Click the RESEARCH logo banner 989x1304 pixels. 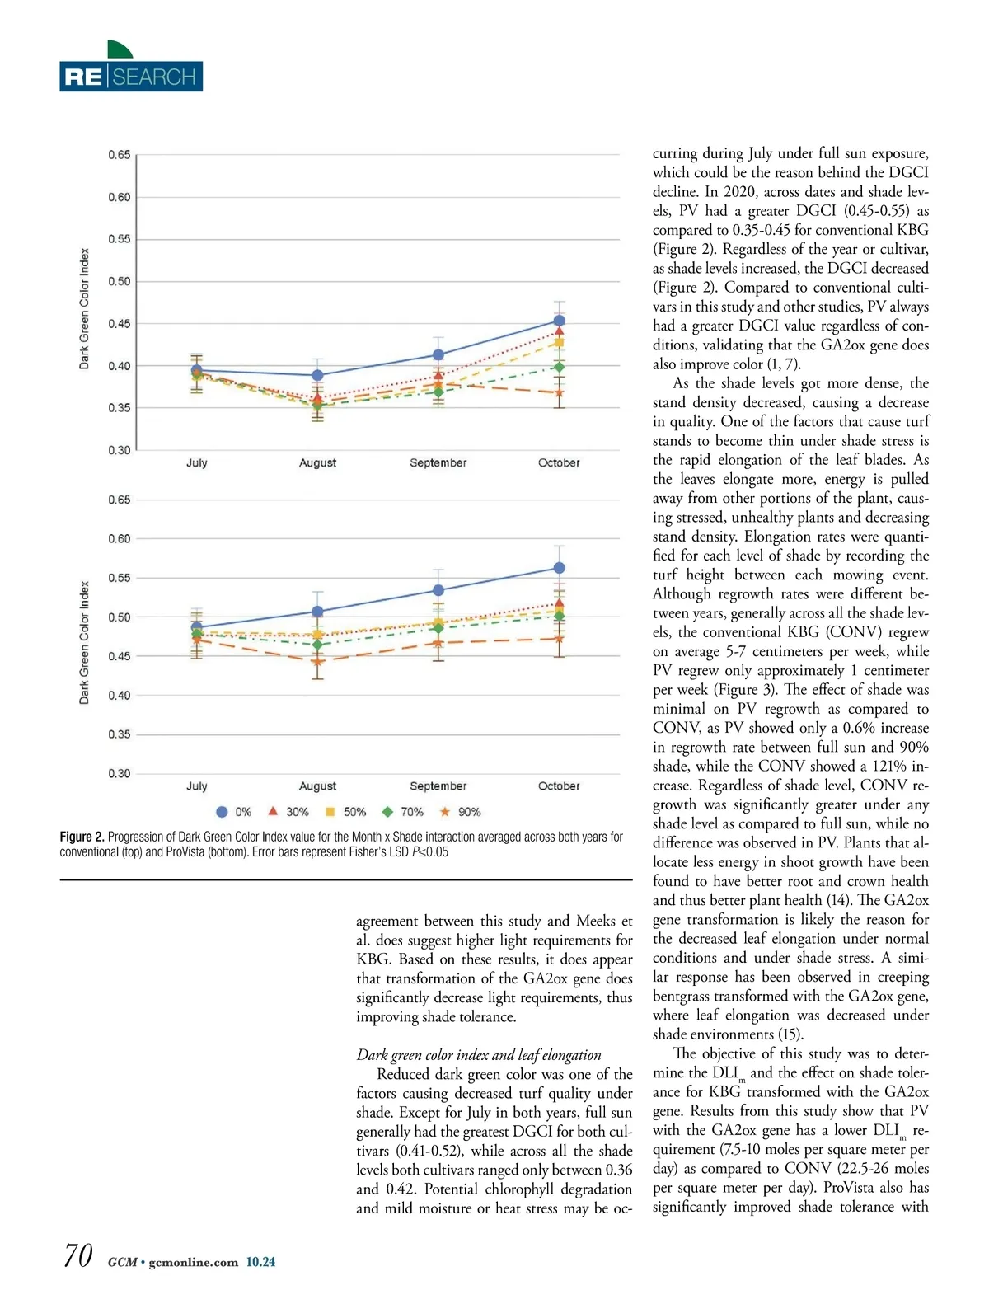(131, 77)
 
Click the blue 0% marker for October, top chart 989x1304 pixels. (560, 321)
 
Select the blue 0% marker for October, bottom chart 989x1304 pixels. (560, 568)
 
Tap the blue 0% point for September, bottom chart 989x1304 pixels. (438, 590)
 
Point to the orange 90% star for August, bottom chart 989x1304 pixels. (318, 661)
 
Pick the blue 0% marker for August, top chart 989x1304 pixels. (318, 375)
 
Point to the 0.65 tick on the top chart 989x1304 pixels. (120, 155)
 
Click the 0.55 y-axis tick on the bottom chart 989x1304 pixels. (120, 578)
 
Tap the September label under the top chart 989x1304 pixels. (438, 463)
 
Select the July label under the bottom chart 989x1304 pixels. (197, 786)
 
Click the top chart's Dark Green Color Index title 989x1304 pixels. (84, 309)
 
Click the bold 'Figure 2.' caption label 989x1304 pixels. (82, 837)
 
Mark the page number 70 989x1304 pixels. (77, 1255)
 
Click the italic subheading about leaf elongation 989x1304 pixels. (479, 1055)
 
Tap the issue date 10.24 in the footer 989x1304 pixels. (260, 1262)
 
